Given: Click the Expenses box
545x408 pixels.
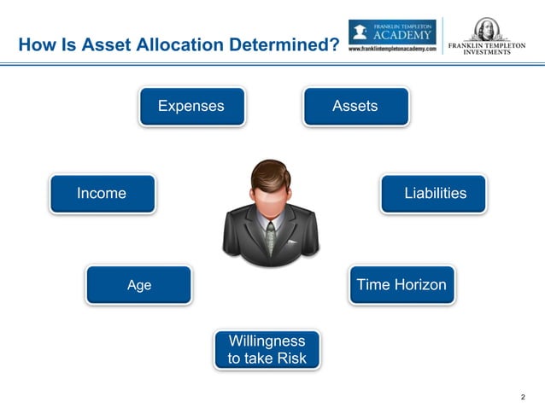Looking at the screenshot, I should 191,106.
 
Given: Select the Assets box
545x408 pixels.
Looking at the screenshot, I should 355,106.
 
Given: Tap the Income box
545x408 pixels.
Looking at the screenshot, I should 102,194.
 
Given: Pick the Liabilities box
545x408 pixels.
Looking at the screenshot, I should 434,194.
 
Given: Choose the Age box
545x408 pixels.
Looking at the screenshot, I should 138,285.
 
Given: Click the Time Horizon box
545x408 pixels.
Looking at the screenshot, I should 401,284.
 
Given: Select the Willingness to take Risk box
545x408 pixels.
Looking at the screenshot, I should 267,350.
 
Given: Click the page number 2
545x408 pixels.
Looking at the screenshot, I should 523,397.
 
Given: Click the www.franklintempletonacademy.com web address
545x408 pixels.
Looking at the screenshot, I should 392,50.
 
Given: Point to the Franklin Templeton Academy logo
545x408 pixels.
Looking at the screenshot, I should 392,32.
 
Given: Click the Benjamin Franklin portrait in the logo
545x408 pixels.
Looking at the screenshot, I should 486,28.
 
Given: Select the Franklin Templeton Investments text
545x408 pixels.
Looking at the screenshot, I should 487,47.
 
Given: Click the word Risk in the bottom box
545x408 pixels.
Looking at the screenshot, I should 289,358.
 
